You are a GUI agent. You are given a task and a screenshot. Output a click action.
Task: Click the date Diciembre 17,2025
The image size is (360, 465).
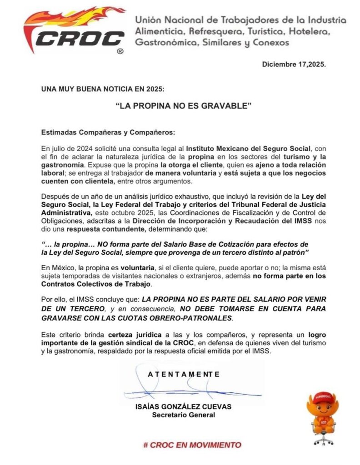point(294,64)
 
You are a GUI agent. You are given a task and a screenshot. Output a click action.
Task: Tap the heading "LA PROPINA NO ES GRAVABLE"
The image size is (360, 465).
point(183,106)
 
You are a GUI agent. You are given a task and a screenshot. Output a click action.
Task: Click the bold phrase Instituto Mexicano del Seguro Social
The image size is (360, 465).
point(248,148)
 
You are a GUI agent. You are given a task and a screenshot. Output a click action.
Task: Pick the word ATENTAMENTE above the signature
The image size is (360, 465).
point(184,374)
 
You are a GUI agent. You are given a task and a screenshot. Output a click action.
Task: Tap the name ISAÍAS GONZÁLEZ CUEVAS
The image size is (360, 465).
point(183,407)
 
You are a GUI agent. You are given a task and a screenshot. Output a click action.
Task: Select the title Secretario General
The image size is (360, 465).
point(183,415)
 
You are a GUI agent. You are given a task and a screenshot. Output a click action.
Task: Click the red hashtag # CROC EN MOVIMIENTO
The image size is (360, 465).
point(192,445)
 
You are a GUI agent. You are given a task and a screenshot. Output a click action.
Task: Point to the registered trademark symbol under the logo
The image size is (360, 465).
point(120,52)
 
